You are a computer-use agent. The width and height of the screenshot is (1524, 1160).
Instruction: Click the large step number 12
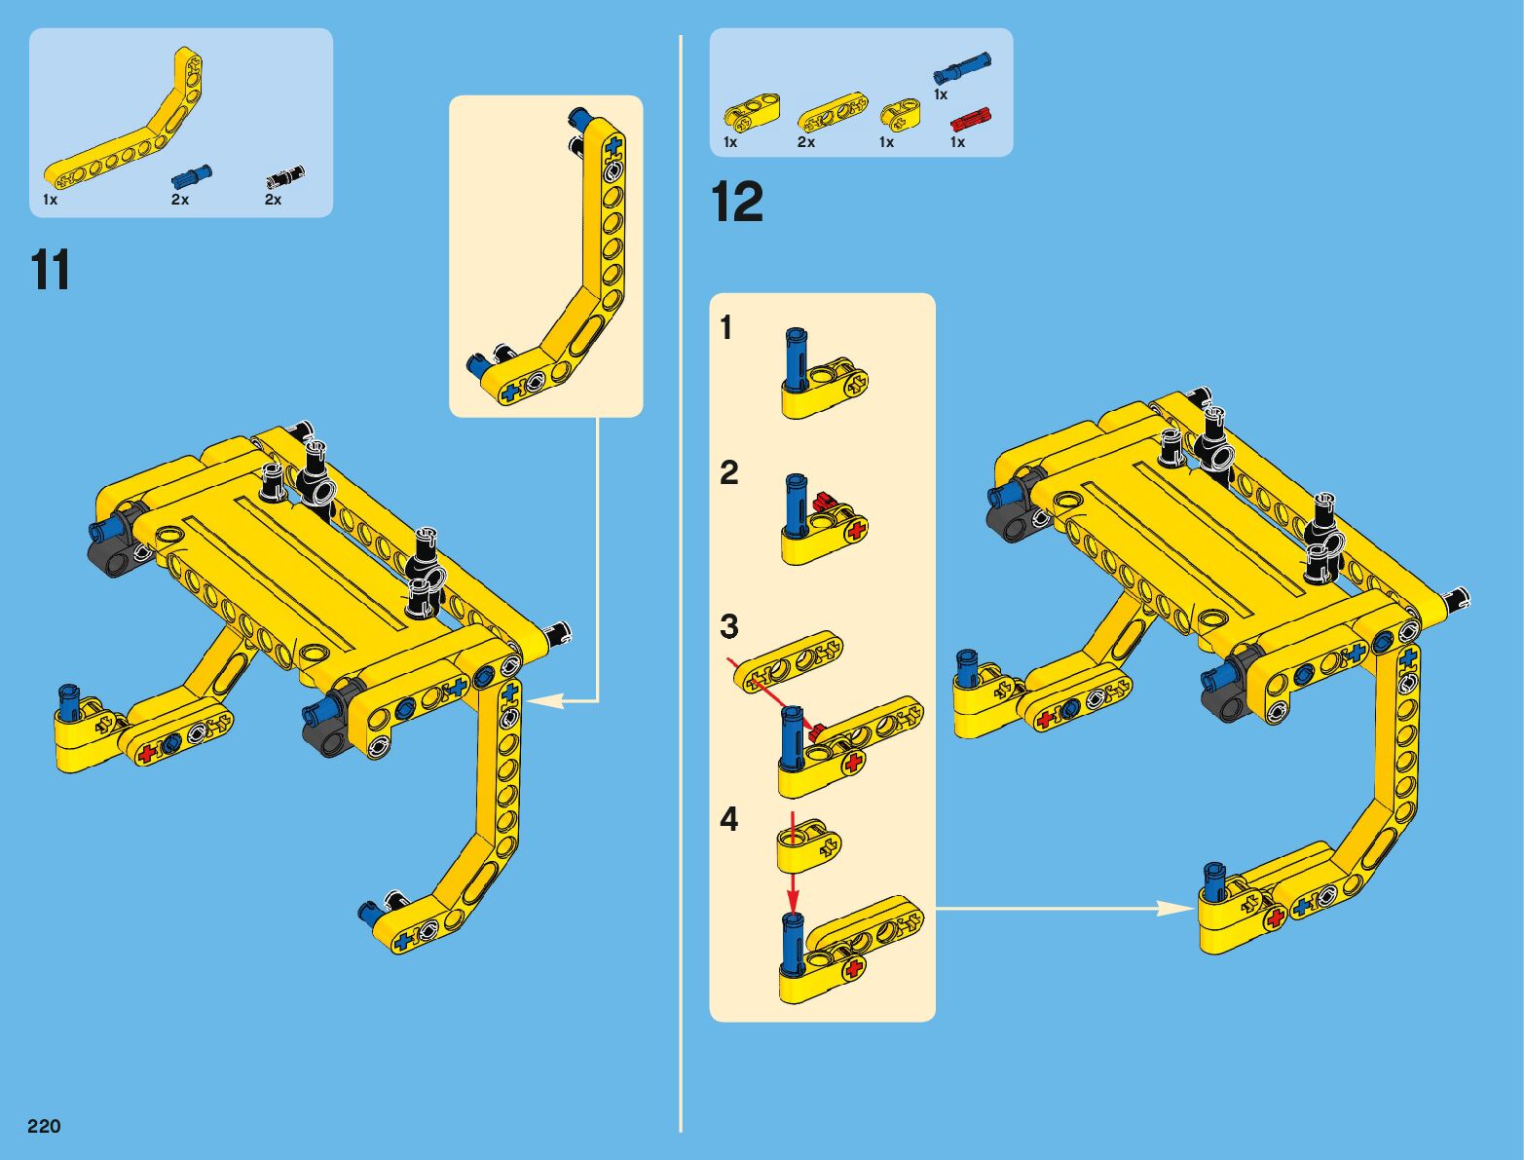pyautogui.click(x=736, y=202)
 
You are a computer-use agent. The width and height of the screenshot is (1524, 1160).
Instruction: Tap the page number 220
pyautogui.click(x=45, y=1125)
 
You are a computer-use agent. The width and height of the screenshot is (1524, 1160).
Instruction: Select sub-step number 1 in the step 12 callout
pyautogui.click(x=726, y=327)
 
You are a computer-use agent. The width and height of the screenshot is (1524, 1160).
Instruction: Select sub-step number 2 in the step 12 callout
pyautogui.click(x=729, y=472)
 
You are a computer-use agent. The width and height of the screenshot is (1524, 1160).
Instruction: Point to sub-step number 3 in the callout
pyautogui.click(x=729, y=626)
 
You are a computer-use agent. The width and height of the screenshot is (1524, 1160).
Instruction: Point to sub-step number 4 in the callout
pyautogui.click(x=729, y=820)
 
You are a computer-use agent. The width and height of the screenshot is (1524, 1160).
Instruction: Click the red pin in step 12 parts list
pyautogui.click(x=971, y=120)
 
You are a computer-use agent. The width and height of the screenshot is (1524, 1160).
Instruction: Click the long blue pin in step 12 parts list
pyautogui.click(x=961, y=69)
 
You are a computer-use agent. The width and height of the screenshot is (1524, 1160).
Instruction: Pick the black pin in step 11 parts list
pyautogui.click(x=284, y=177)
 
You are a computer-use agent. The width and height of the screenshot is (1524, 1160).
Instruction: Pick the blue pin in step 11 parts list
pyautogui.click(x=192, y=176)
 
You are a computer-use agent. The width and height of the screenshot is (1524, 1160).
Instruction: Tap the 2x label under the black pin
pyautogui.click(x=273, y=200)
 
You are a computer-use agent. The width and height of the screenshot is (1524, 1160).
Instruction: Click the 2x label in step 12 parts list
pyautogui.click(x=806, y=142)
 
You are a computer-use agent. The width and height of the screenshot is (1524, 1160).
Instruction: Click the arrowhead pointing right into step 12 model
pyautogui.click(x=1180, y=908)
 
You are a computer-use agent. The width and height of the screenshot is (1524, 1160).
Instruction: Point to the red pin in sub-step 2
pyautogui.click(x=824, y=500)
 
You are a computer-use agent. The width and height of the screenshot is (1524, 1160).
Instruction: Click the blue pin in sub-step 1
pyautogui.click(x=796, y=356)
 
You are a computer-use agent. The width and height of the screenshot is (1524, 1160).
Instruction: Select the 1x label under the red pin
pyautogui.click(x=957, y=142)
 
